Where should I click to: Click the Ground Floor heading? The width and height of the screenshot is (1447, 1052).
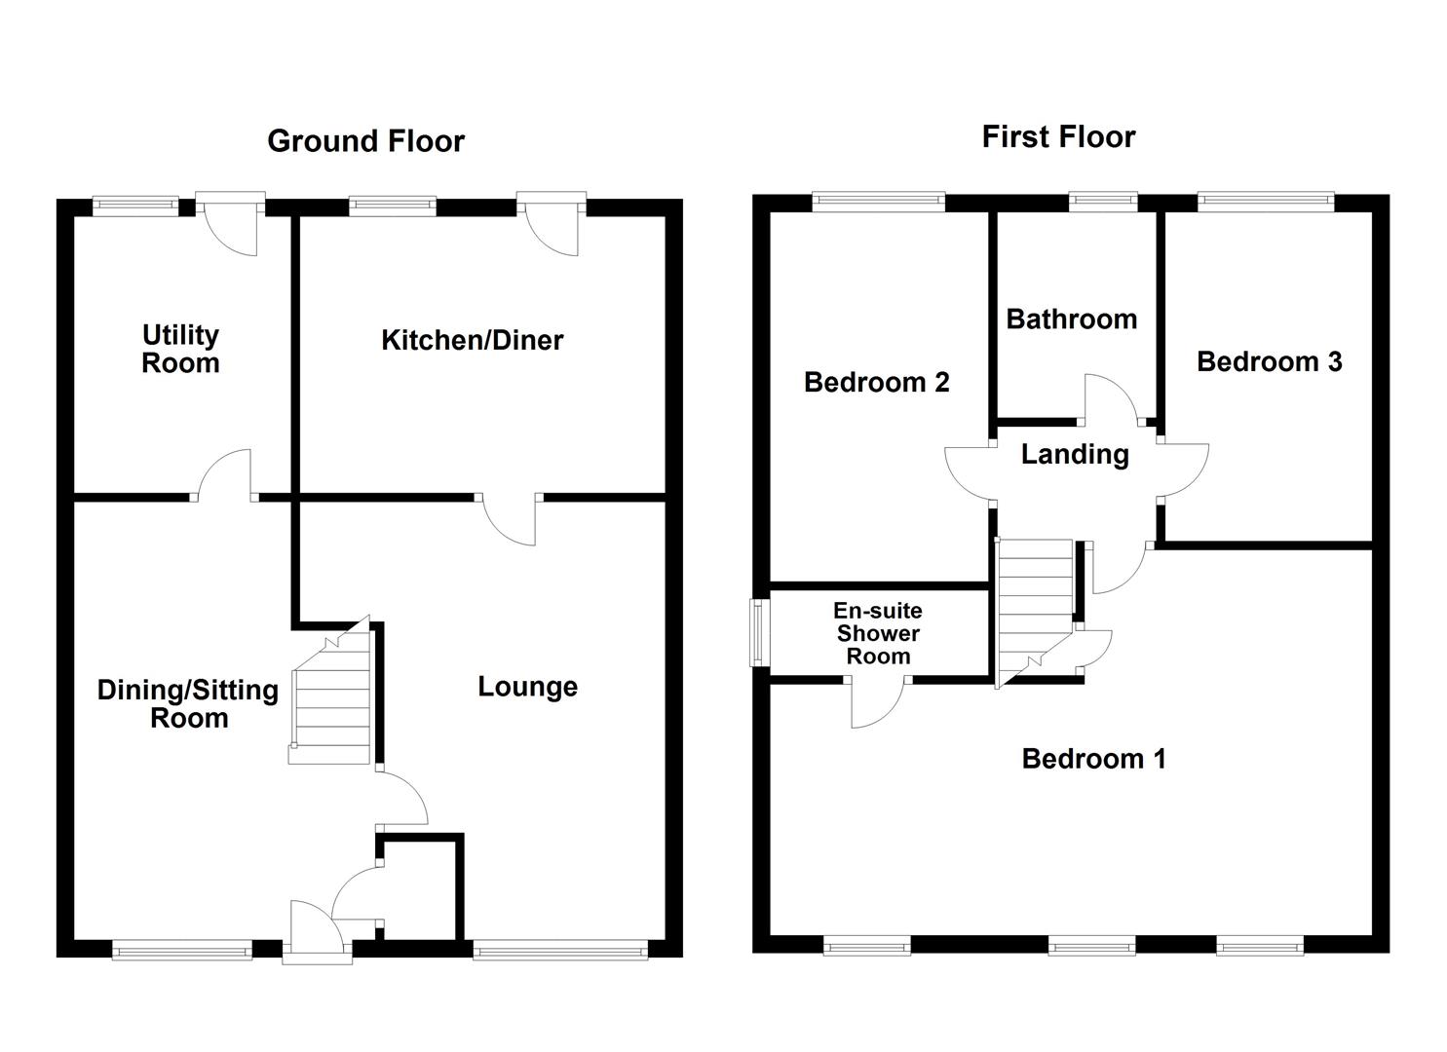click(365, 141)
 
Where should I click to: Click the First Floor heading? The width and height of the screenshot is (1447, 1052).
click(1058, 137)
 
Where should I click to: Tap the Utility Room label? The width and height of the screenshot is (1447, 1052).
click(180, 349)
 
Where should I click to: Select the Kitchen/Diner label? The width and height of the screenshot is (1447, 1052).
click(472, 340)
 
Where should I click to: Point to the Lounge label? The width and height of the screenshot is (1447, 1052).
click(527, 687)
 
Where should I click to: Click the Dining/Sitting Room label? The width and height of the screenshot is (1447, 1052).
click(188, 703)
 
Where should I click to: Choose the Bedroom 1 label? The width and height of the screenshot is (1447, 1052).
click(1093, 759)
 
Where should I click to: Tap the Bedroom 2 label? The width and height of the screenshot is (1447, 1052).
click(876, 382)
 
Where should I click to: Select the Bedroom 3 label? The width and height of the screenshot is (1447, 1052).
click(1269, 361)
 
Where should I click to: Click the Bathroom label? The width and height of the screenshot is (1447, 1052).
click(1071, 319)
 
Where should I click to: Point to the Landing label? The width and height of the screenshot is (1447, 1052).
click(1075, 454)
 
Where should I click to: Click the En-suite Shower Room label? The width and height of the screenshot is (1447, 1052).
click(877, 633)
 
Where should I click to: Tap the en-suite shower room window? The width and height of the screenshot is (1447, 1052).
click(756, 632)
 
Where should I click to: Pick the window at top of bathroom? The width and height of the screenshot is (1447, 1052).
click(1102, 202)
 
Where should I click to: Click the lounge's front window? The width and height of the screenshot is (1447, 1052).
click(559, 949)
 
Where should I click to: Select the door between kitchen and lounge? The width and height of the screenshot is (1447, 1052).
click(509, 516)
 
